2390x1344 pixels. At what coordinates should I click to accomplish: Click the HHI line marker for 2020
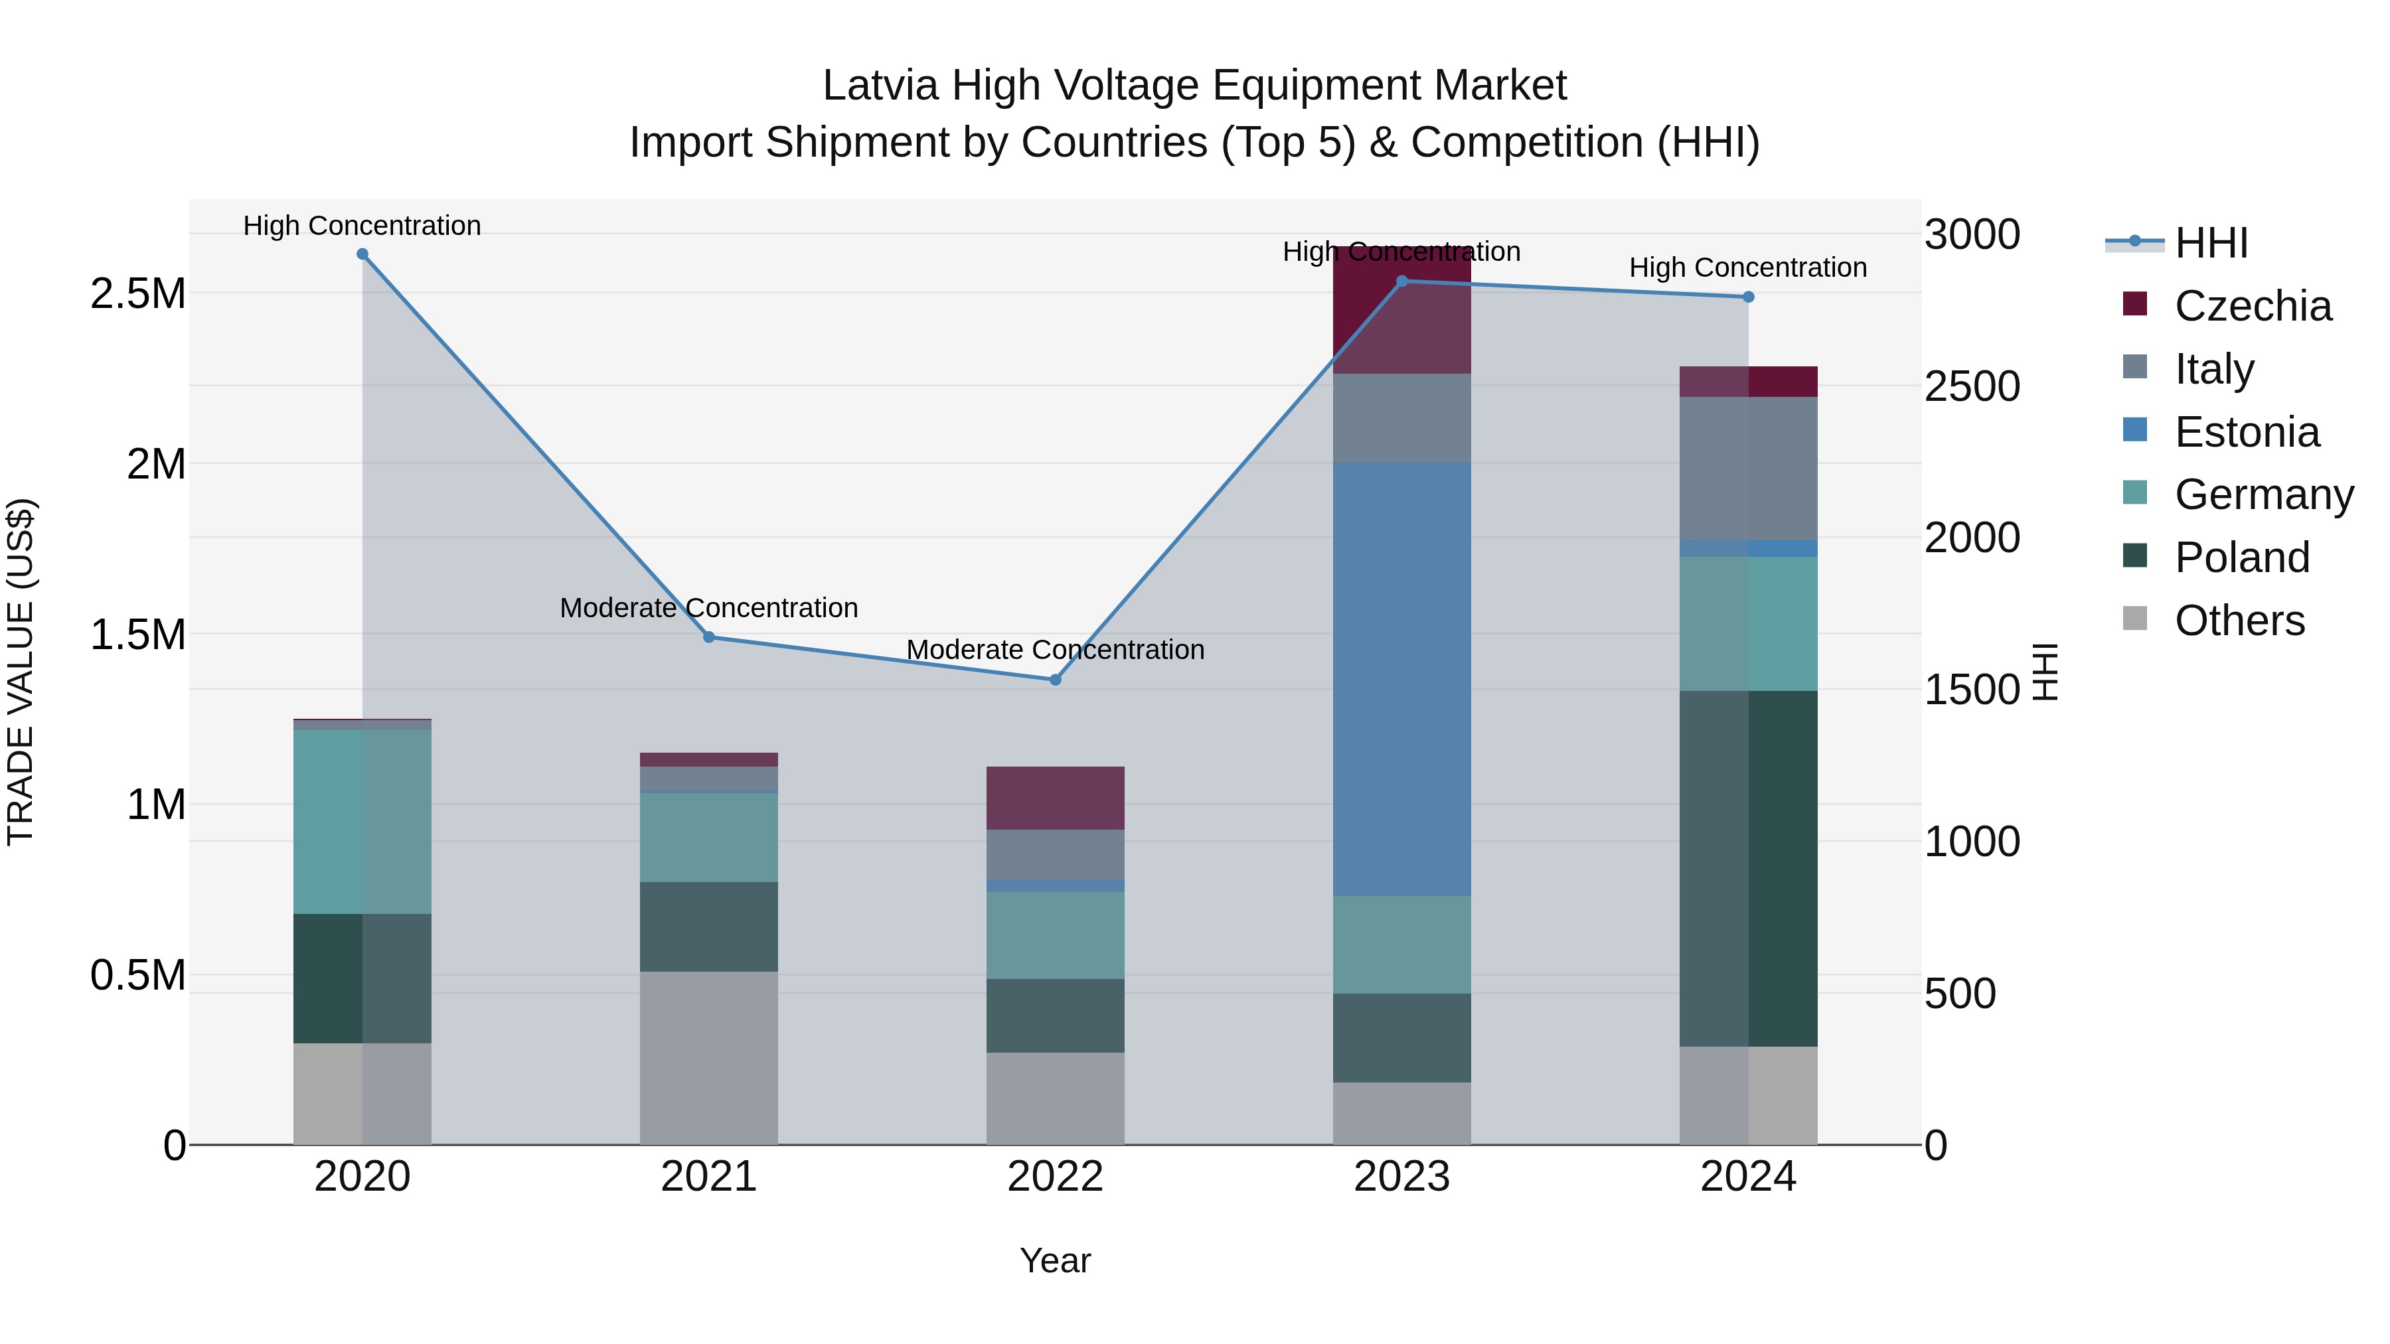point(362,254)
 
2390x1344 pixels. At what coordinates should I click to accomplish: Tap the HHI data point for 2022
point(1055,680)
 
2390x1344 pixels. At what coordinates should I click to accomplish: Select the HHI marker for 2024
point(1748,297)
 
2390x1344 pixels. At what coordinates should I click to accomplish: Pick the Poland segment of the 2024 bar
point(1748,868)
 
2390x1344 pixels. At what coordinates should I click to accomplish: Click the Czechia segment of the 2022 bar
point(1055,798)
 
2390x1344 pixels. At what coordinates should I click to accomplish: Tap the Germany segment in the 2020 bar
point(362,821)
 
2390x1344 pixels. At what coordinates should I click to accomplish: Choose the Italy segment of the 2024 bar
point(1748,469)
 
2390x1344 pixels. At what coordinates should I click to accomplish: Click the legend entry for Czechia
point(2252,306)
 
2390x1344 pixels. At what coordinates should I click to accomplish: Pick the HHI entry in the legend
point(2210,243)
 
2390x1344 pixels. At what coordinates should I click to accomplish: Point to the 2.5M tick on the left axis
point(137,294)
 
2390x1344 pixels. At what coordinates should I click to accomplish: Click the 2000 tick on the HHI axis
point(1972,538)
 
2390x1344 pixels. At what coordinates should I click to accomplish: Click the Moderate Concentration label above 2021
point(709,607)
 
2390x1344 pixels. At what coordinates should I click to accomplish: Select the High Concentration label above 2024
point(1748,267)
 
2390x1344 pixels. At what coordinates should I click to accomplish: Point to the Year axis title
point(1055,1260)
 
